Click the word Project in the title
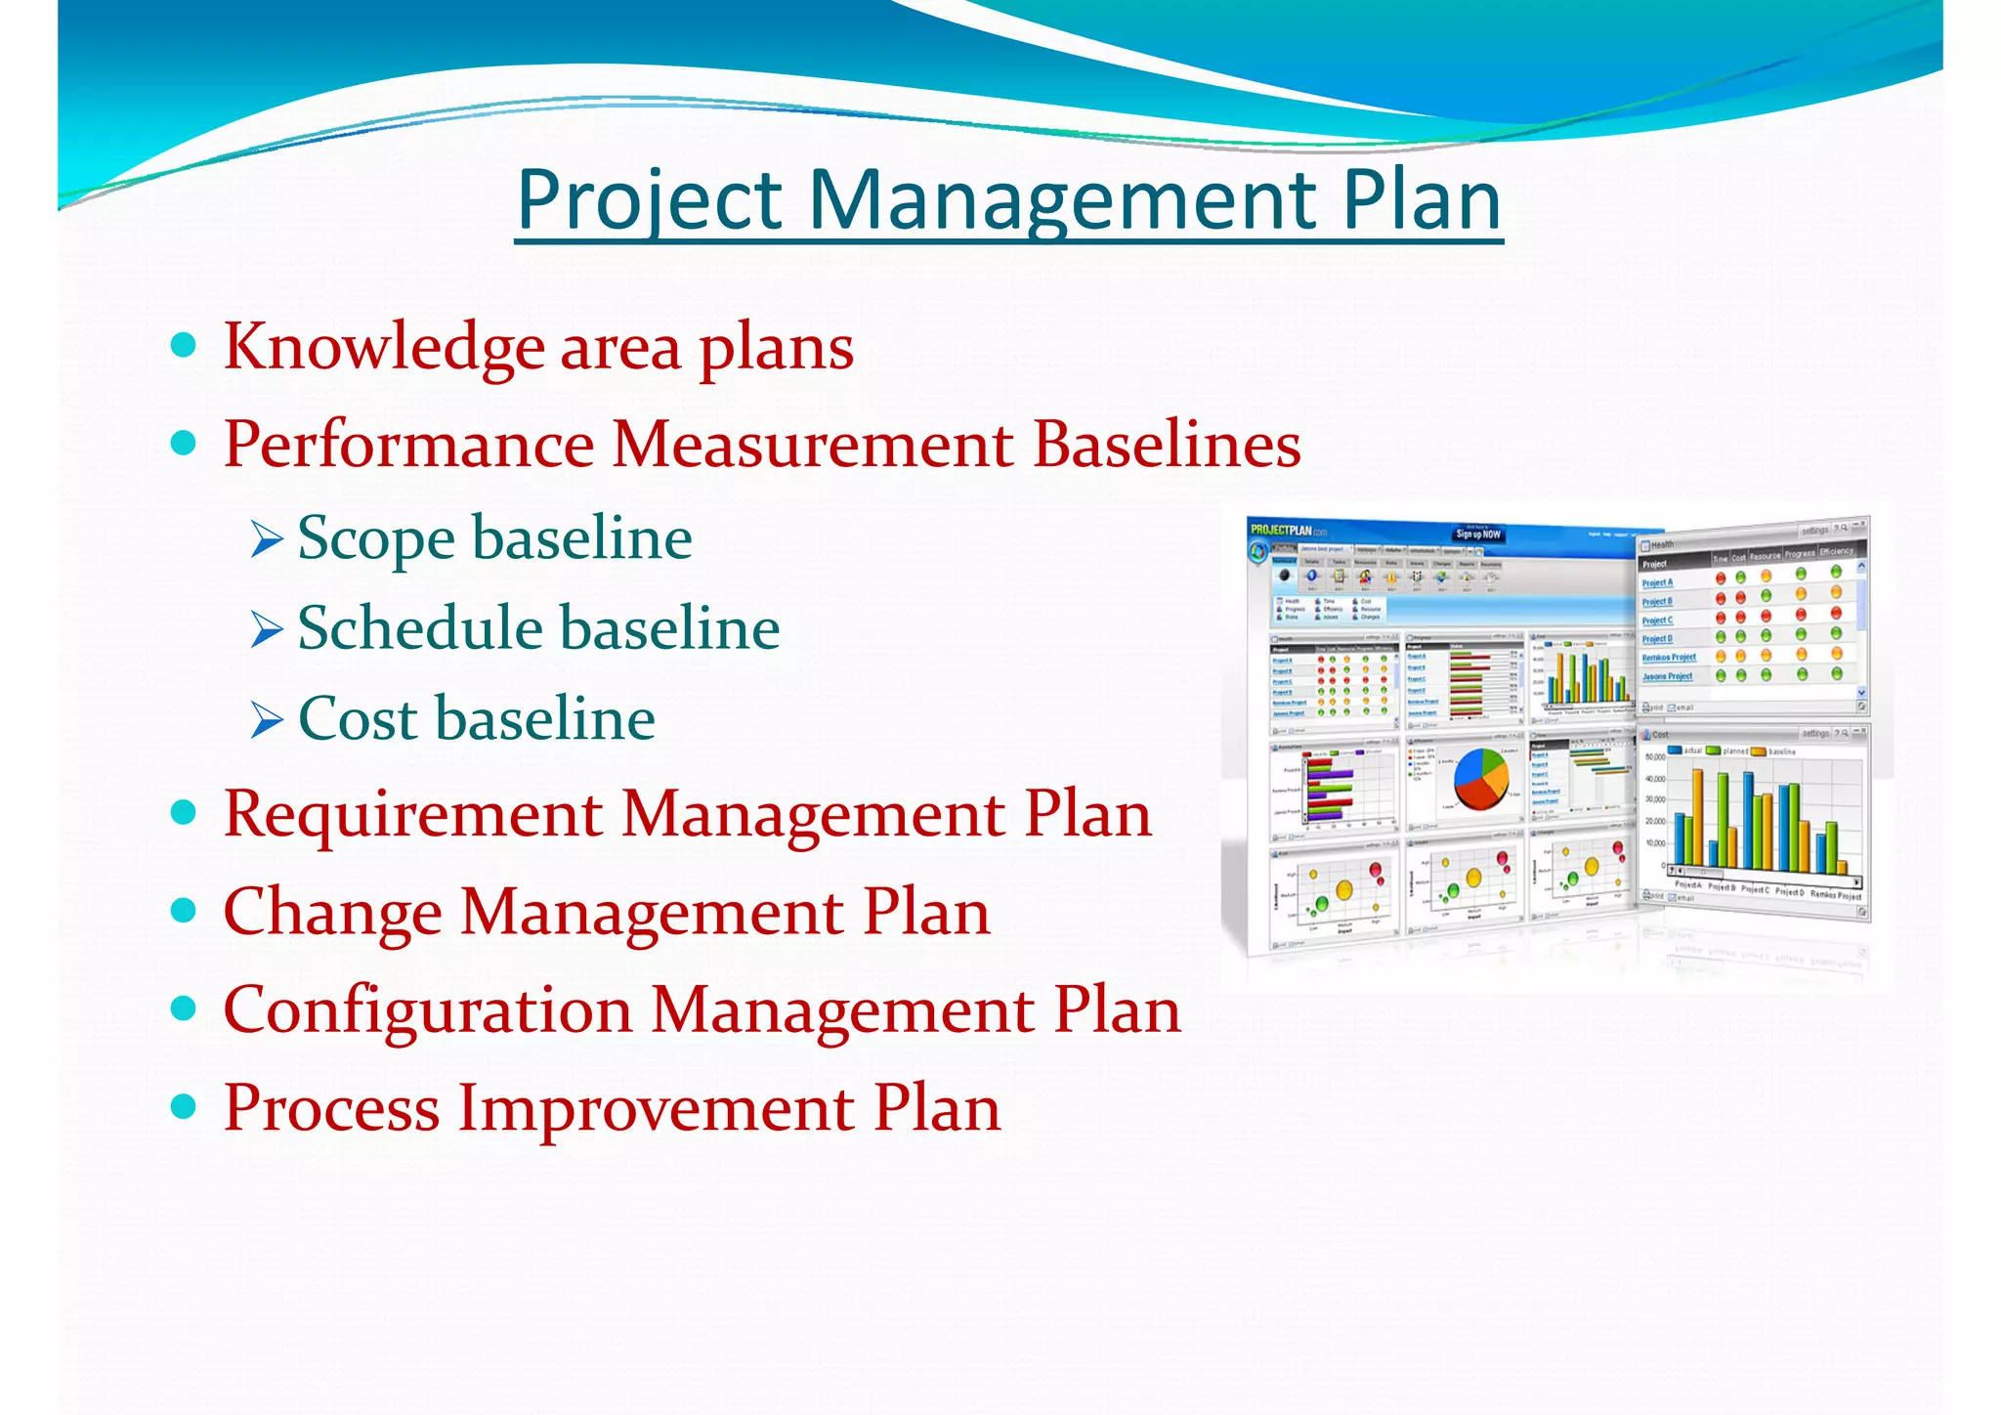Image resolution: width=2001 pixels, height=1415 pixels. tap(649, 200)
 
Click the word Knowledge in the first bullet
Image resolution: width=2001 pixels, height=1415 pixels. tap(384, 347)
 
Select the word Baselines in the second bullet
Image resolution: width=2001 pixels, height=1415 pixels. tap(1167, 445)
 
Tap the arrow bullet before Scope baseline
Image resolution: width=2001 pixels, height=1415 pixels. tap(266, 539)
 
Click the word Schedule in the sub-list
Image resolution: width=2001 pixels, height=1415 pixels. tap(420, 627)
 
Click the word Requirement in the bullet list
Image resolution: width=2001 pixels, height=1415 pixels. tap(411, 814)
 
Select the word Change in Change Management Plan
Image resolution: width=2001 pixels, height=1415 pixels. tap(332, 913)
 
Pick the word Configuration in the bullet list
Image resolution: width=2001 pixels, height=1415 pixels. tap(427, 1009)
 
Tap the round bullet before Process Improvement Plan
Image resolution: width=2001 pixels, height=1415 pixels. tap(183, 1106)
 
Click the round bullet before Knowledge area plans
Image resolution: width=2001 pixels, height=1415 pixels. tap(183, 345)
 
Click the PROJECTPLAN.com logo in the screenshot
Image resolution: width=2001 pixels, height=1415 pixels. tap(1288, 531)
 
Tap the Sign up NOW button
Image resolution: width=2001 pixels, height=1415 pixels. tap(1477, 534)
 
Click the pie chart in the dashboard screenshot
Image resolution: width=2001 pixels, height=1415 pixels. tap(1481, 779)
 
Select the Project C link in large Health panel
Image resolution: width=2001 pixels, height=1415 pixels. tap(1656, 621)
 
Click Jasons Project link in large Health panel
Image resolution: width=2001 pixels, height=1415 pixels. tap(1667, 676)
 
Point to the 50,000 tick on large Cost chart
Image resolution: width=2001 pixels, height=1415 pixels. tap(1655, 757)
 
